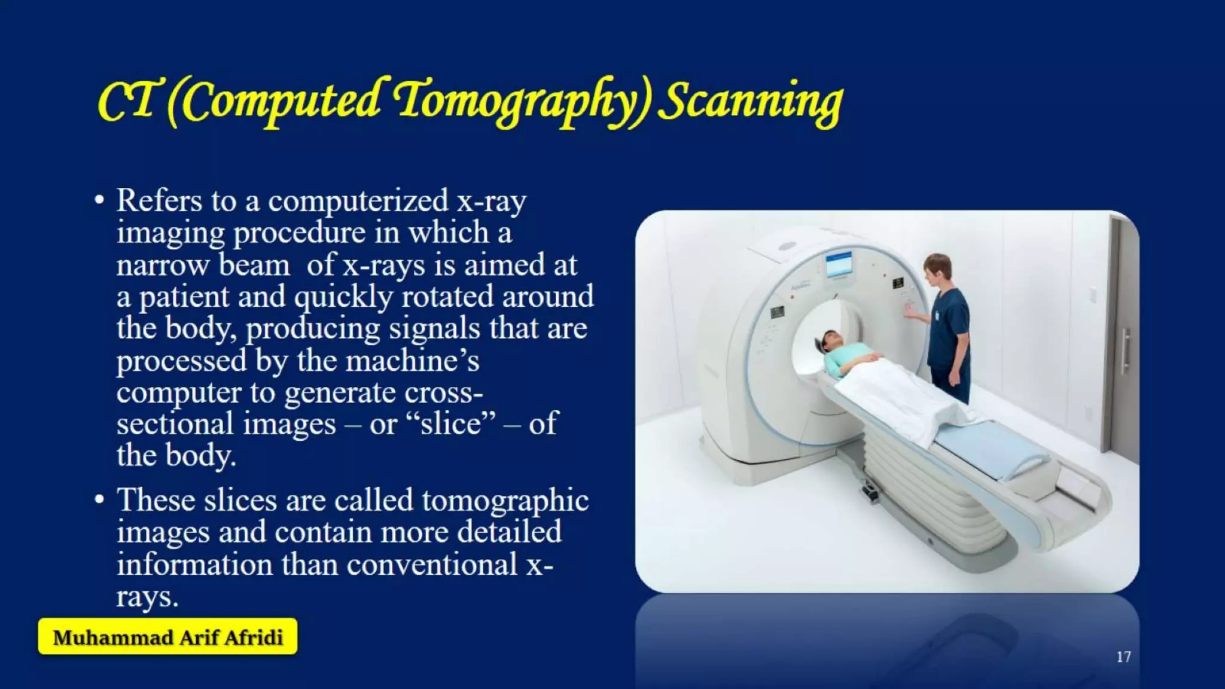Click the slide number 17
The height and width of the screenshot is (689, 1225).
pos(1123,657)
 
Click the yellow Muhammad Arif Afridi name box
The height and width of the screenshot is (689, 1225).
pos(167,637)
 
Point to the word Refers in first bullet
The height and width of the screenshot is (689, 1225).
pos(159,200)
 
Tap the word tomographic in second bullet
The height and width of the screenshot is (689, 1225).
pos(505,501)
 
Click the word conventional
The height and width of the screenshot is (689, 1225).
pos(432,565)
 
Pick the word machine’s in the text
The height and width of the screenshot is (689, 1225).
pos(412,361)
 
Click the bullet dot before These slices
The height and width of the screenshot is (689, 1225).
pos(99,499)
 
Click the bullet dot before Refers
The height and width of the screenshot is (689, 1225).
pos(99,200)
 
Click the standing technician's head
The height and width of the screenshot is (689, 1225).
pos(937,267)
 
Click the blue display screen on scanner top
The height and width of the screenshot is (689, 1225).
pos(839,264)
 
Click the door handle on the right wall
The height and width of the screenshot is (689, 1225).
pos(1125,350)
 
